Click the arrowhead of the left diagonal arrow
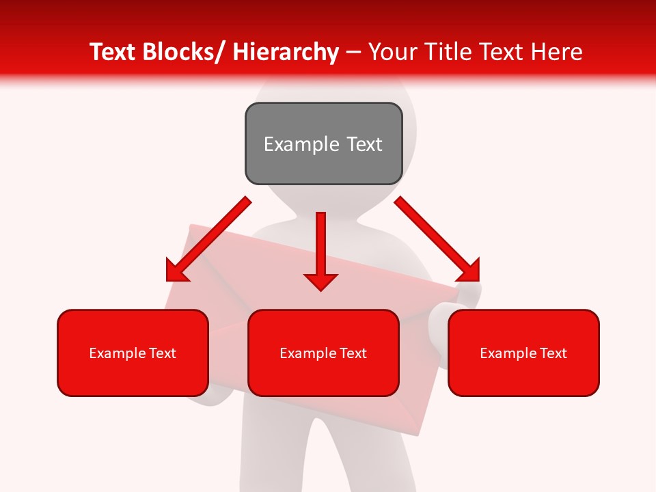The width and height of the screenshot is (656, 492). point(176,272)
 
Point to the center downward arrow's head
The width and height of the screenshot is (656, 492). point(320,281)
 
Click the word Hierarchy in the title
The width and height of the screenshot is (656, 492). point(286,52)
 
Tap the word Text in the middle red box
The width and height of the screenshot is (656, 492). point(351,353)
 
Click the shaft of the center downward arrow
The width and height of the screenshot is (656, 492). point(320,239)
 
